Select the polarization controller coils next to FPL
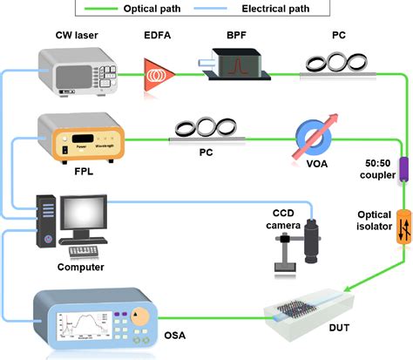pyautogui.click(x=205, y=128)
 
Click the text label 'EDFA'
pyautogui.click(x=159, y=37)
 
